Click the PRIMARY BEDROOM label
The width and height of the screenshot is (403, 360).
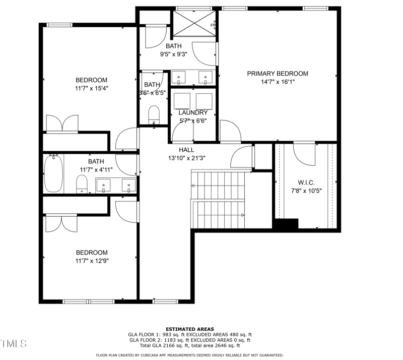click(277, 74)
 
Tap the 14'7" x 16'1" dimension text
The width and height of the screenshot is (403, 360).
click(277, 82)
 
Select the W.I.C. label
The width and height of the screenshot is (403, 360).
click(306, 182)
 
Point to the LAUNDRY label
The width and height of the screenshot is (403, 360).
click(193, 112)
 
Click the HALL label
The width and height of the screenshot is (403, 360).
click(186, 150)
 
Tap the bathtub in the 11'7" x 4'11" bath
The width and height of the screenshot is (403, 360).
click(52, 174)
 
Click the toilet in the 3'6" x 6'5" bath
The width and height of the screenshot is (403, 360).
click(154, 114)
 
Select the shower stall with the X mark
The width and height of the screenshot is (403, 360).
click(194, 24)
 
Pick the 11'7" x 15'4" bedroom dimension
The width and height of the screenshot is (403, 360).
click(91, 88)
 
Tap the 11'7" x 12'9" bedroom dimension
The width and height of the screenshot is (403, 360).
click(91, 261)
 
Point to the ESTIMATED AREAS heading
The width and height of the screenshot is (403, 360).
click(190, 329)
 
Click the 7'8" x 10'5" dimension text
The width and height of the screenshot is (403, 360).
click(306, 191)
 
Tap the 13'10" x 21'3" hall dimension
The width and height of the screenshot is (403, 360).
click(186, 158)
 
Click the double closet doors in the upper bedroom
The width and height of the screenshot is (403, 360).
click(62, 124)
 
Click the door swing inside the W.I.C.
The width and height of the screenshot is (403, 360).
click(305, 154)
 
